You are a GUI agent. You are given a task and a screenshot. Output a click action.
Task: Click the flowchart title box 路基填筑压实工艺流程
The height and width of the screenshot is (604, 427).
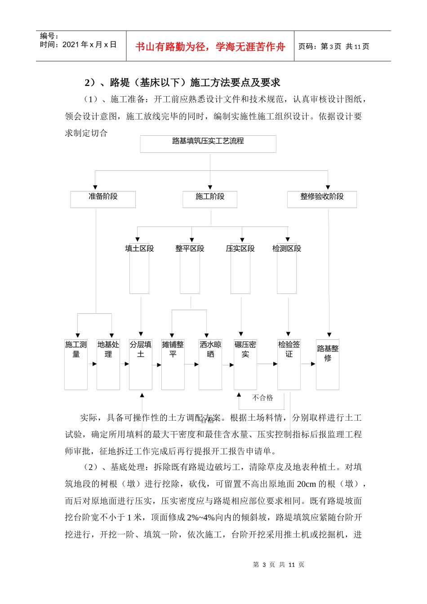208,144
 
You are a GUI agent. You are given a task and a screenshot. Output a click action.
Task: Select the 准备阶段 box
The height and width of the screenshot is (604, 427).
103,199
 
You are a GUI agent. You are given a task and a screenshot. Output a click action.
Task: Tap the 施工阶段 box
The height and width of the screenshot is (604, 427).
210,199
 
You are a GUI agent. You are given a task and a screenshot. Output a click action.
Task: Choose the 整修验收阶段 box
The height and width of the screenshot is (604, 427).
322,199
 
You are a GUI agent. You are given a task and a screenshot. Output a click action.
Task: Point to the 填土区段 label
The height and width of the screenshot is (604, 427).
139,249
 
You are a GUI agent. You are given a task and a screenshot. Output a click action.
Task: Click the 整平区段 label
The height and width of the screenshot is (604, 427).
190,249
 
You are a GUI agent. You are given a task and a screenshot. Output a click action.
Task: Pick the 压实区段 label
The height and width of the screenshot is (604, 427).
240,249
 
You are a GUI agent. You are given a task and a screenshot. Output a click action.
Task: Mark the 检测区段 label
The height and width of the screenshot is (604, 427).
287,249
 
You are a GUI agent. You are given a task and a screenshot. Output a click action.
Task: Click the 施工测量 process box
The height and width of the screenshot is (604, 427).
76,364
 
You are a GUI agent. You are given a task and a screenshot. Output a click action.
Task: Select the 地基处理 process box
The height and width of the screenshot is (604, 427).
108,364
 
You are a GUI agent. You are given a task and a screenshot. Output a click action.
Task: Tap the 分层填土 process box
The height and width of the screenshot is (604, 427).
141,364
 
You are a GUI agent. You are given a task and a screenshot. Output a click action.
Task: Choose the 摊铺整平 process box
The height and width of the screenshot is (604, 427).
173,364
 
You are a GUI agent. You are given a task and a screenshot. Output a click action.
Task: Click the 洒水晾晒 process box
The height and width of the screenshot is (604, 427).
210,364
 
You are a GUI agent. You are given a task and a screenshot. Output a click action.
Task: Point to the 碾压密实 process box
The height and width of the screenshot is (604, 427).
245,364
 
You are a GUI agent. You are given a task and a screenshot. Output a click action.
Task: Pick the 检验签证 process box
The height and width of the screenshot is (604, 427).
289,364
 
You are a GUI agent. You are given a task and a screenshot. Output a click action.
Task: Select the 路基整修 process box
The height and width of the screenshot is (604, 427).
328,364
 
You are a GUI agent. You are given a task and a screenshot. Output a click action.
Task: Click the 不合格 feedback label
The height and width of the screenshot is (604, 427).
262,398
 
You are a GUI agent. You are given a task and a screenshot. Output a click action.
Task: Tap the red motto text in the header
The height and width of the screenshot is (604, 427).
210,47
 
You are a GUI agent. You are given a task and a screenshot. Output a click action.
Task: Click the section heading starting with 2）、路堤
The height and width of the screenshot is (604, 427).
182,83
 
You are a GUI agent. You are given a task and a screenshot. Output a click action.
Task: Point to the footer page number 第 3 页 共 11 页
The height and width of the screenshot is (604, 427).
279,564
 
